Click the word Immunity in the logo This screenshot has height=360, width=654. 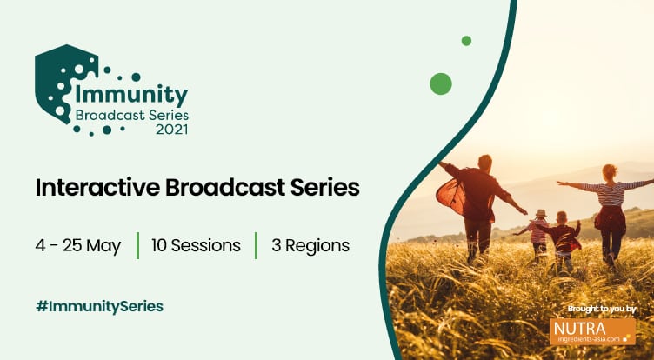132,94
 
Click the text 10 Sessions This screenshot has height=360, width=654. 196,245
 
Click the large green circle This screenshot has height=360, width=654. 441,83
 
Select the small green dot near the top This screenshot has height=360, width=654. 466,41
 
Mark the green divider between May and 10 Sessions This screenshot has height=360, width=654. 137,245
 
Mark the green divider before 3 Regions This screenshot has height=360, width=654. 256,245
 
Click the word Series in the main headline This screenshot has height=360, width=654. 322,187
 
